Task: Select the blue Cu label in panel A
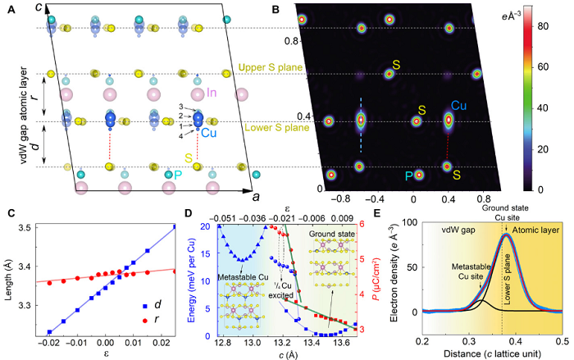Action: coord(209,133)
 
